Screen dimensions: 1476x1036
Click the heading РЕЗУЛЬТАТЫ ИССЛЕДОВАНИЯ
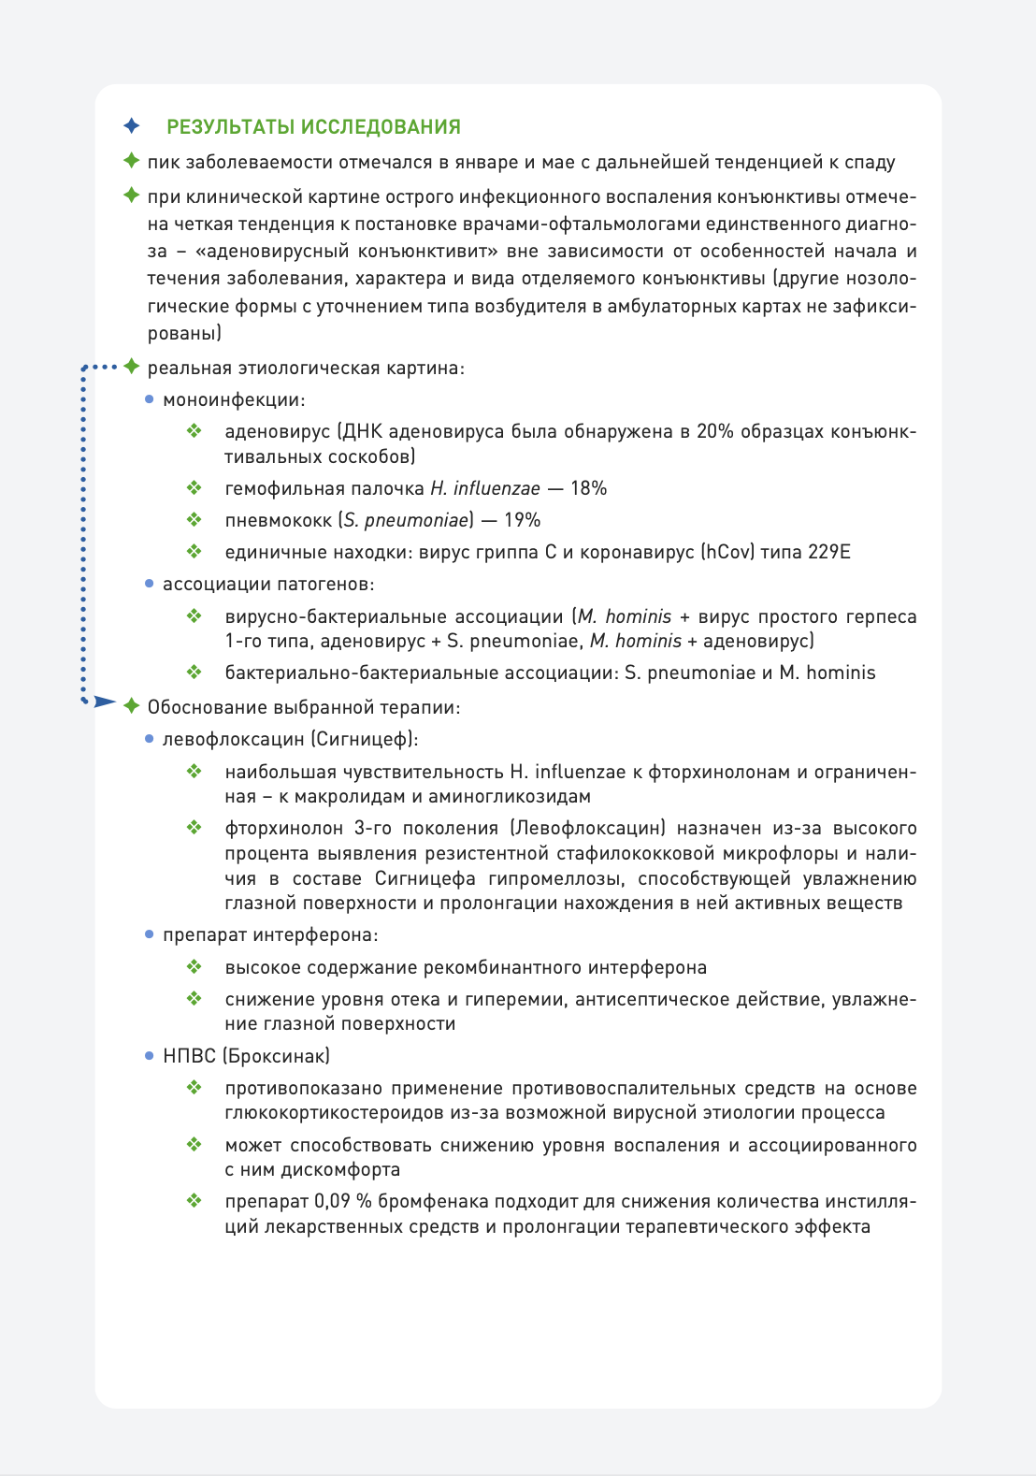[313, 126]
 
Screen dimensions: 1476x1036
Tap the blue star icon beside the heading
[132, 125]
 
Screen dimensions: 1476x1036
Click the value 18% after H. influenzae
[588, 488]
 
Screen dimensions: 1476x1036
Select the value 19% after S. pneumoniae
[522, 520]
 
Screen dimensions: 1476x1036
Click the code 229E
[829, 552]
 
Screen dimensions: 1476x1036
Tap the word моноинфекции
[234, 399]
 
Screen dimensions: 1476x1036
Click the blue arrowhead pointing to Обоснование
[104, 702]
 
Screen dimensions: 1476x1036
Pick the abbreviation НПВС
[189, 1056]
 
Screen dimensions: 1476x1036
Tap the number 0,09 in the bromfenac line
[332, 1201]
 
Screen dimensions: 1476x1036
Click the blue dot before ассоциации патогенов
[150, 584]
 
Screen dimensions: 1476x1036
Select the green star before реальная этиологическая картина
[132, 367]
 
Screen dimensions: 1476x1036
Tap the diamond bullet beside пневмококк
[194, 519]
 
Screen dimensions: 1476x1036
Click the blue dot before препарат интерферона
[150, 934]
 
